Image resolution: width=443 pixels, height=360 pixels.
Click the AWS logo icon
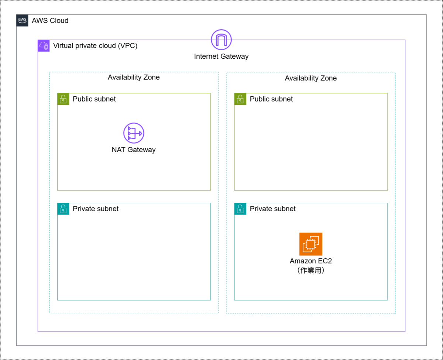click(22, 21)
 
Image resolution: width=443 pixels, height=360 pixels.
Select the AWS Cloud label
click(50, 21)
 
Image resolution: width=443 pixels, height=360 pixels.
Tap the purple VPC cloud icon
click(44, 46)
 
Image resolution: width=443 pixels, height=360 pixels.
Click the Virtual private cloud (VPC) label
click(95, 46)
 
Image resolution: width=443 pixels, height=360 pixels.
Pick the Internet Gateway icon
click(221, 40)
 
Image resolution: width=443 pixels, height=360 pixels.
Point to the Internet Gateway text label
click(221, 56)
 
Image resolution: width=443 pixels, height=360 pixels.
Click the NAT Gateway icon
click(134, 133)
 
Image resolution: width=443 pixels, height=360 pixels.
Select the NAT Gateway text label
click(134, 150)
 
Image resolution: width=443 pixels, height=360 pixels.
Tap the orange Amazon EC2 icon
click(311, 244)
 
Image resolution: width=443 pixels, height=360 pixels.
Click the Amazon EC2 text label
click(311, 261)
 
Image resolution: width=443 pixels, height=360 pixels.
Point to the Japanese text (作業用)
click(311, 270)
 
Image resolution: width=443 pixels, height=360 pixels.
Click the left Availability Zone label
click(134, 78)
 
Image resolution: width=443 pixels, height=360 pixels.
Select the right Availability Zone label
click(311, 78)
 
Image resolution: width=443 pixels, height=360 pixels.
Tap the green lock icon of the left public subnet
click(63, 99)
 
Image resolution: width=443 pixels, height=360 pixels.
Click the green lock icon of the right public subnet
click(240, 99)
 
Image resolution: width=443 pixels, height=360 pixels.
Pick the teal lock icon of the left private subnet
click(63, 209)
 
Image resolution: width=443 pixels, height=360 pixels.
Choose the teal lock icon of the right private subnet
click(240, 209)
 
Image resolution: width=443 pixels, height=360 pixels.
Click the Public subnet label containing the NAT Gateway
click(94, 99)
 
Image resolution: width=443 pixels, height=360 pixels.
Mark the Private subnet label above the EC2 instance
click(273, 209)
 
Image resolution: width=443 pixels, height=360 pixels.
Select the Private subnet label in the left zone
click(96, 209)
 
